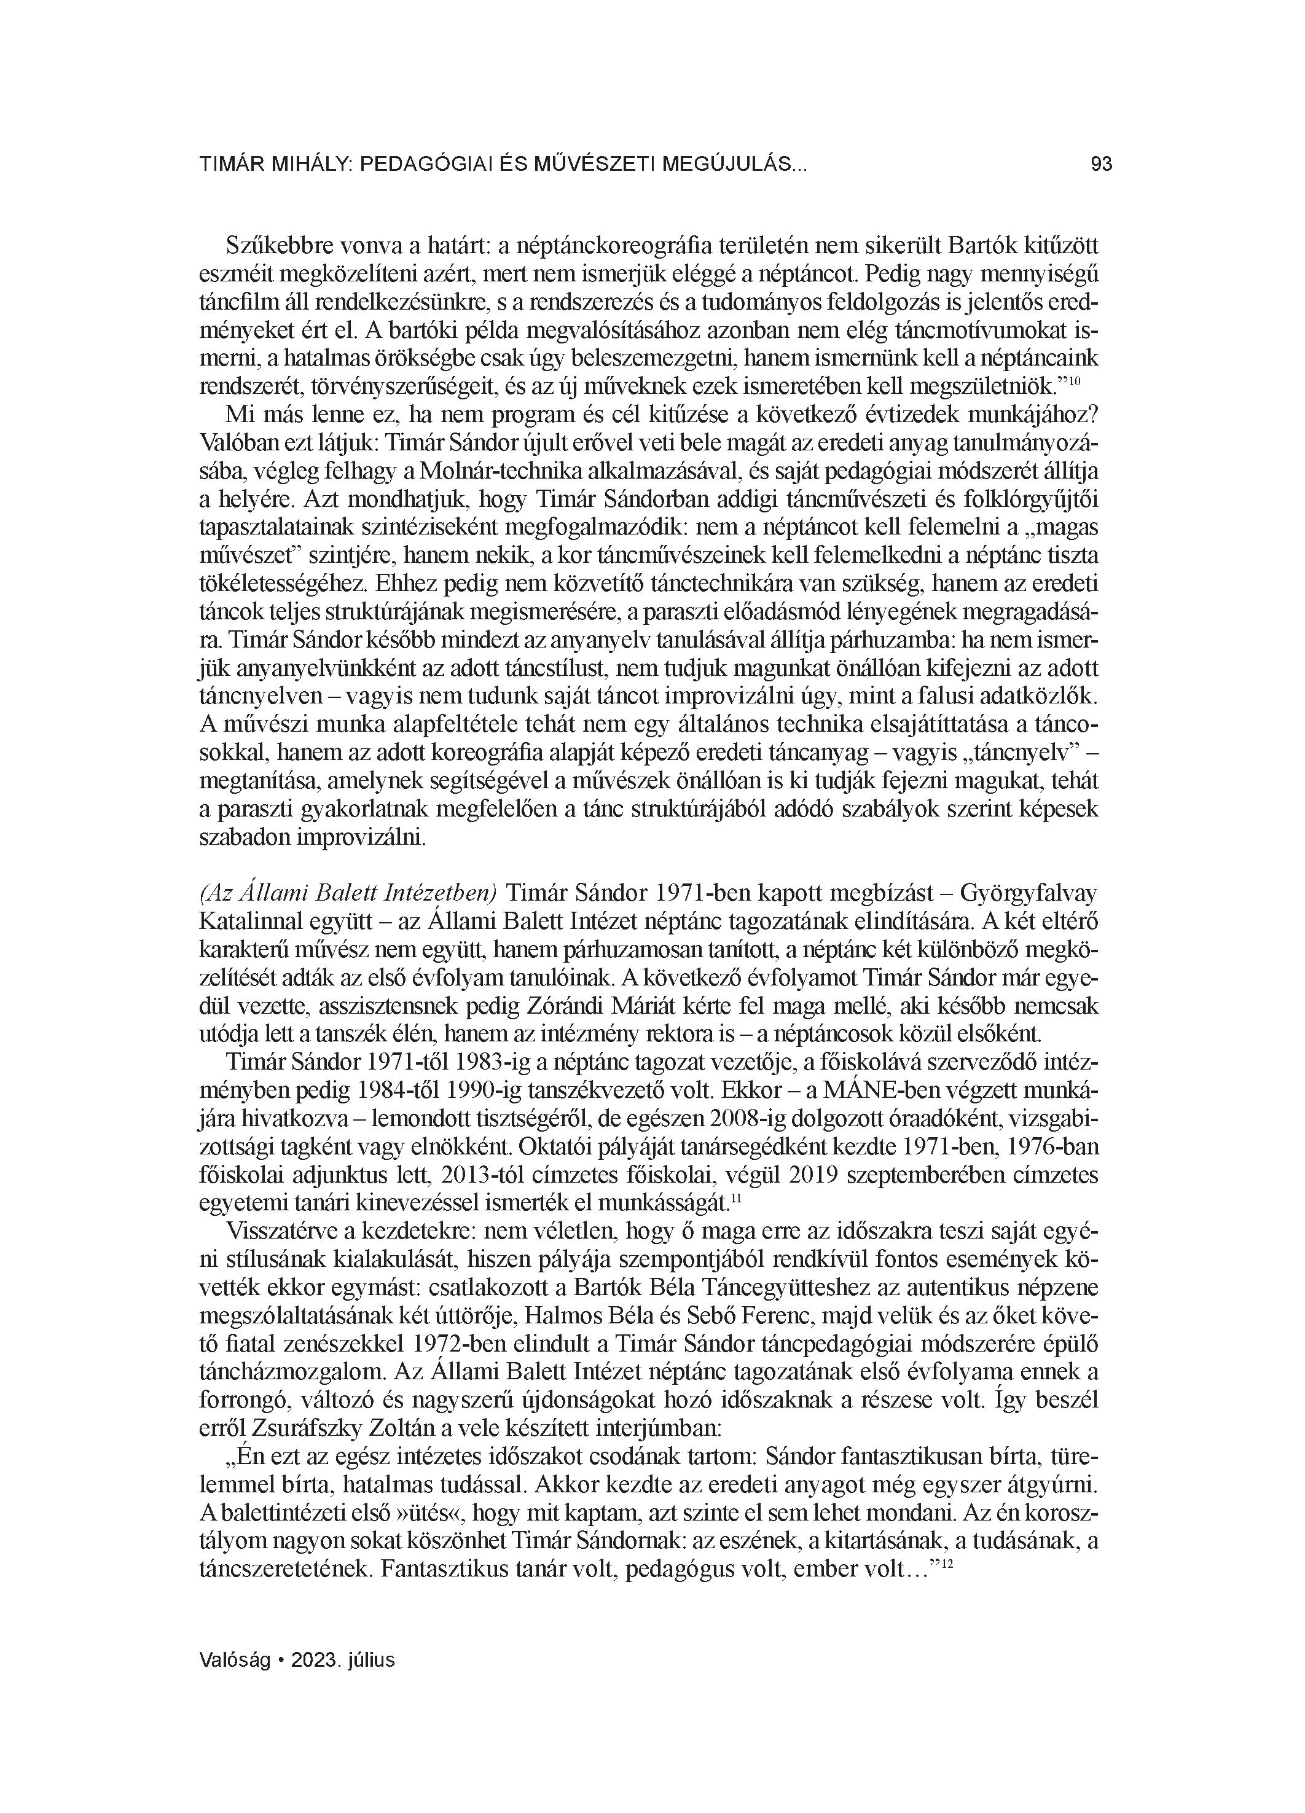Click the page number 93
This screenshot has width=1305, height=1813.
[1101, 165]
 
